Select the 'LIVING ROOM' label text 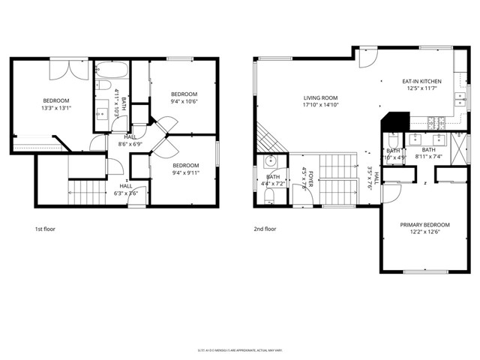pyautogui.click(x=321, y=97)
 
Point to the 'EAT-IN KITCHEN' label pyautogui.click(x=421, y=81)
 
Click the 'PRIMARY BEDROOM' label pyautogui.click(x=424, y=225)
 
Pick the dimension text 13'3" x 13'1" pyautogui.click(x=55, y=108)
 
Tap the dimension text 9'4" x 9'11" pyautogui.click(x=186, y=172)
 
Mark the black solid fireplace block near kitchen pyautogui.click(x=396, y=121)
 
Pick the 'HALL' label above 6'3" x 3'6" pyautogui.click(x=125, y=186)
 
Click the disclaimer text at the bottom pyautogui.click(x=239, y=349)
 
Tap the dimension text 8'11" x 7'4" pyautogui.click(x=429, y=157)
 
